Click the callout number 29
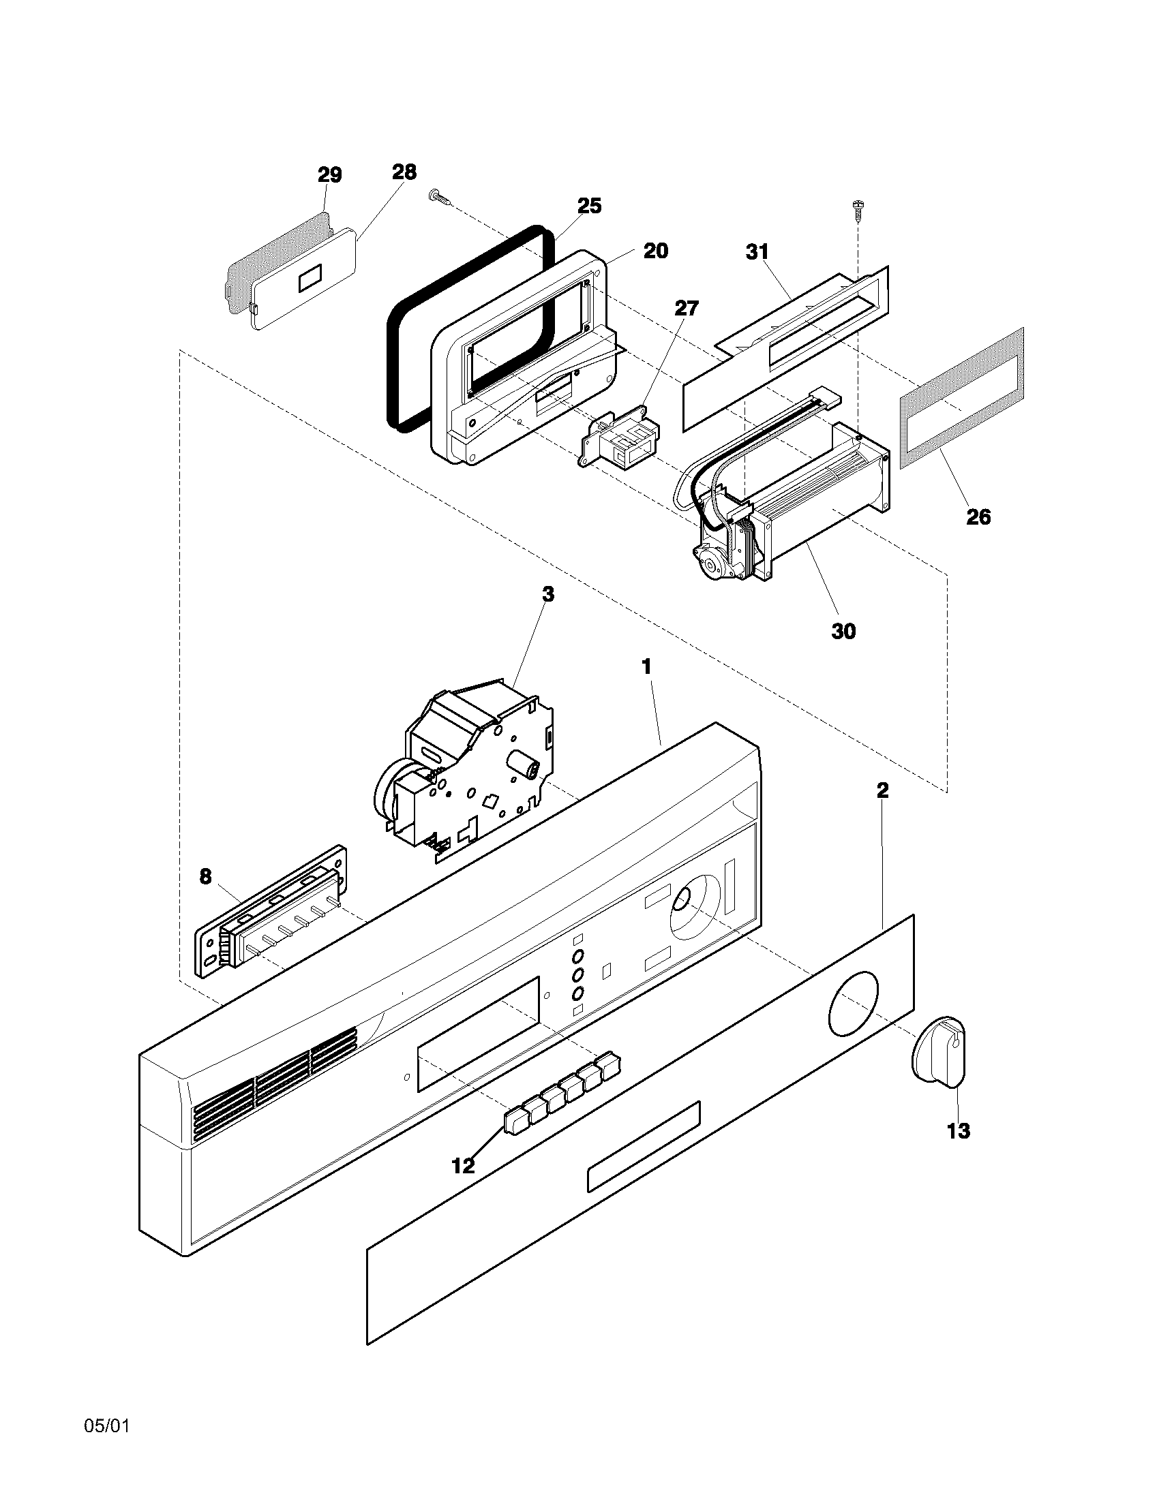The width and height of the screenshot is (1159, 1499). coord(329,175)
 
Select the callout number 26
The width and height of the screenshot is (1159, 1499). coord(978,516)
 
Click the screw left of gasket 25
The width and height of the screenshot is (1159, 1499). coord(440,198)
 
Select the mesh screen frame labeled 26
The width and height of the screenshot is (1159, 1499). coord(961,398)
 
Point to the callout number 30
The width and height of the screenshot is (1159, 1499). coord(843,630)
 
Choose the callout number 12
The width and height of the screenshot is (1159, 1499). coord(464,1164)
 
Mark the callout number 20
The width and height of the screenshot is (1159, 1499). coord(655,251)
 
